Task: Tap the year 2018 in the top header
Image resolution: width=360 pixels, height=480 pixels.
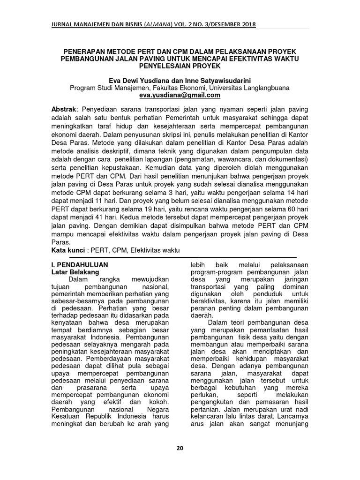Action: tap(246, 25)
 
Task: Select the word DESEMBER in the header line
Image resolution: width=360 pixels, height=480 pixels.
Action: tap(219, 25)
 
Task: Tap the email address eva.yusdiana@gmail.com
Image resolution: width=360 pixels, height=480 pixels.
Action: tap(180, 95)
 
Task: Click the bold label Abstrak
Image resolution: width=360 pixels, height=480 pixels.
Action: tap(64, 109)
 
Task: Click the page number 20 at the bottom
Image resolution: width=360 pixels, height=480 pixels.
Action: tap(180, 448)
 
